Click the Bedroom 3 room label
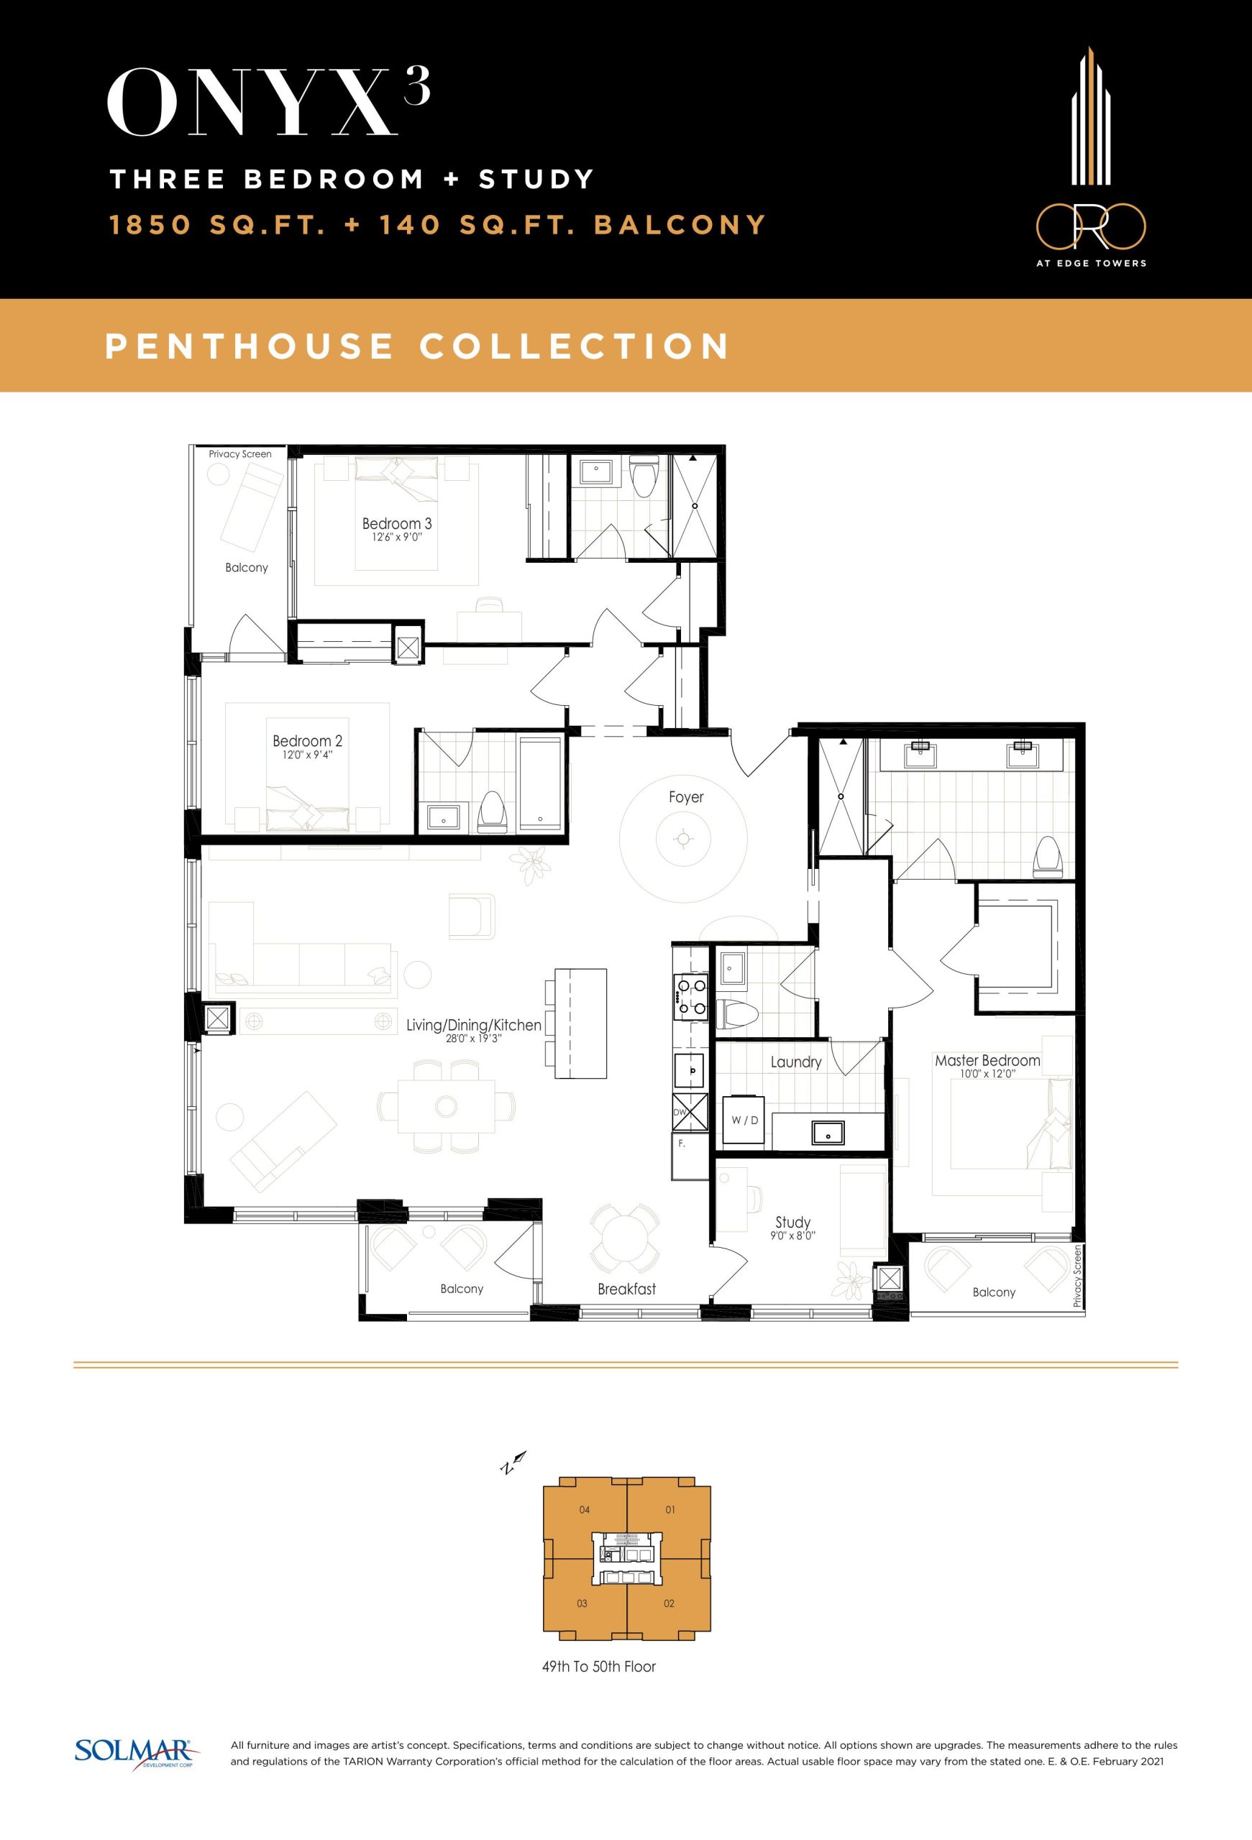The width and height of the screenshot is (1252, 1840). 397,523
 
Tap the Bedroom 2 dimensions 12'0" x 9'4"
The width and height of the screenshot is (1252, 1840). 307,755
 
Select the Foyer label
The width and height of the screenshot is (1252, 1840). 686,796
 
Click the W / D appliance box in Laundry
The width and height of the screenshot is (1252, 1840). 744,1121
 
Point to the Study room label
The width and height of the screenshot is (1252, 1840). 792,1223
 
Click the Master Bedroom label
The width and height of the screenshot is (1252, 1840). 987,1060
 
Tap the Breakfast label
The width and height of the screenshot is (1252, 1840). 626,1289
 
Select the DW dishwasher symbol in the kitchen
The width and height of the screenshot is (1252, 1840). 689,1112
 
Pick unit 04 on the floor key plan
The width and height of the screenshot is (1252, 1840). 585,1510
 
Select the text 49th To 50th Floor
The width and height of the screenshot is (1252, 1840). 599,1667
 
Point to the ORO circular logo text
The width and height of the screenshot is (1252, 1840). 1090,225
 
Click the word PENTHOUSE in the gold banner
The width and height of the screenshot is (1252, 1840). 250,346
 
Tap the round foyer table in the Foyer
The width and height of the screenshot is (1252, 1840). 681,839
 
